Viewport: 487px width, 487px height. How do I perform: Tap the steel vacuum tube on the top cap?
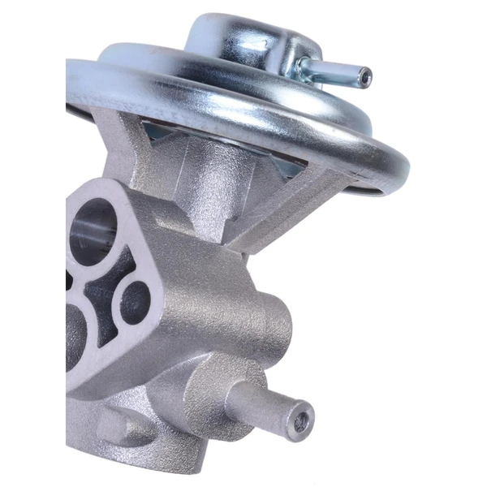click(337, 71)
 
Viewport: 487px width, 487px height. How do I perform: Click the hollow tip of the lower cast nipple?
click(302, 421)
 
